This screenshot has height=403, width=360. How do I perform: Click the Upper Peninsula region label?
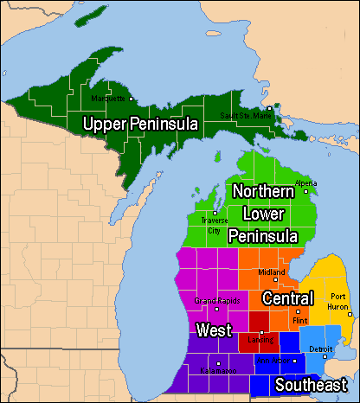coord(140,125)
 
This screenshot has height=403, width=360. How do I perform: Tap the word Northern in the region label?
coord(263,192)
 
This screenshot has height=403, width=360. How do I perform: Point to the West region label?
coord(213,329)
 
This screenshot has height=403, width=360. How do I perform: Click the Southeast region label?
coord(311,385)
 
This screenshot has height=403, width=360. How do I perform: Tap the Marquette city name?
coord(110,98)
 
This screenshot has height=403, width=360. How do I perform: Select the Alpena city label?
coord(306,183)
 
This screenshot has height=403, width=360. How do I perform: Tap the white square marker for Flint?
coord(298,311)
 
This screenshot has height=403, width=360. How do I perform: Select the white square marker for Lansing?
coord(261,332)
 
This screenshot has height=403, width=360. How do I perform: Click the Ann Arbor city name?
coord(274,361)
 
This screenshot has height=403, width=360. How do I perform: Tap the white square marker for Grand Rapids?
coord(216,308)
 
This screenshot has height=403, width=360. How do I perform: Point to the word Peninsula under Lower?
coord(263,235)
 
